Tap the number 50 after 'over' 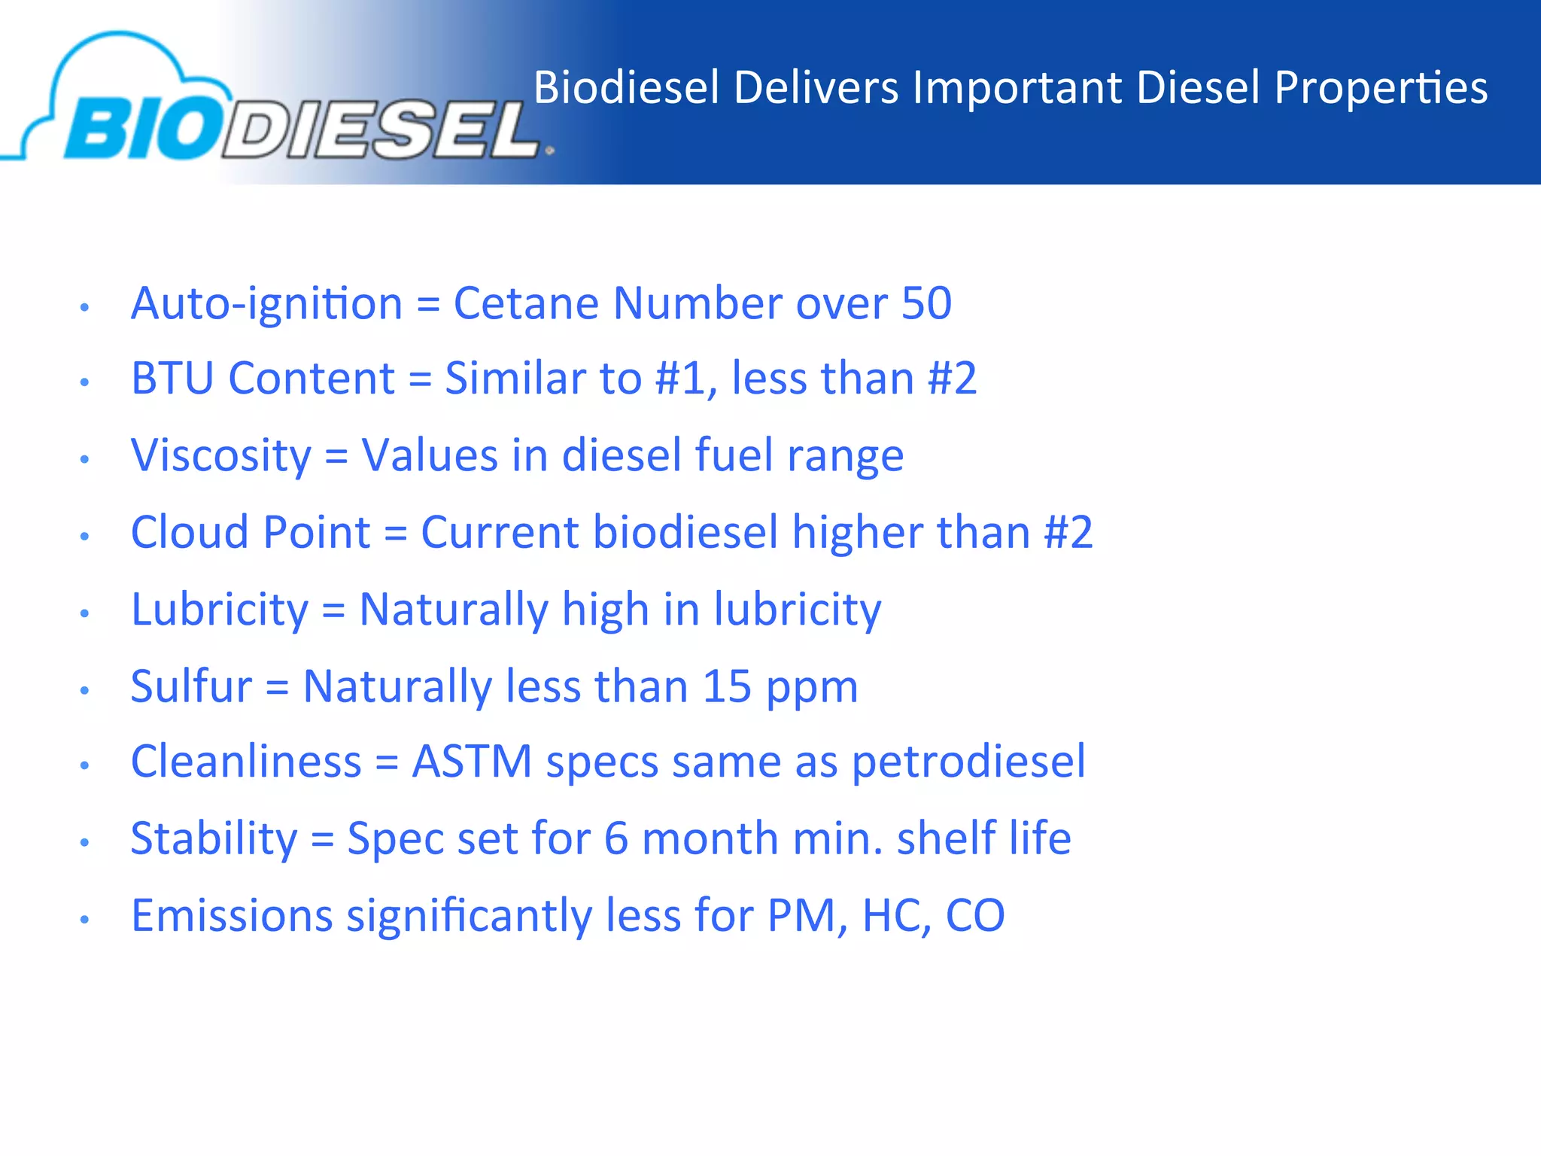coord(926,304)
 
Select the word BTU coord(172,379)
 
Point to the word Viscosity coord(220,456)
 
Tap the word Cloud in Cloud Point coord(189,533)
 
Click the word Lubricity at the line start coord(219,610)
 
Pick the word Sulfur coord(191,687)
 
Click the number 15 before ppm coord(727,687)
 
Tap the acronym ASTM coord(472,762)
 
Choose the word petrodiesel coord(968,762)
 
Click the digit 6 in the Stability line coord(615,839)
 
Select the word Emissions coord(232,916)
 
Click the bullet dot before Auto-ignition coord(85,307)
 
